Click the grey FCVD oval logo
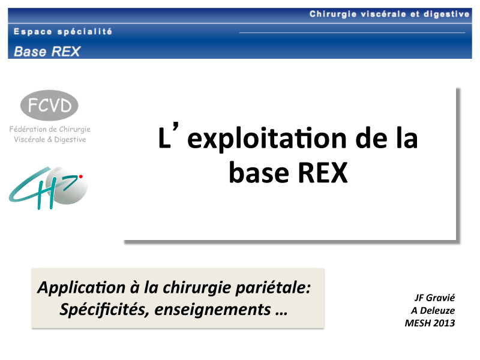click(49, 106)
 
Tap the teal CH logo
click(48, 188)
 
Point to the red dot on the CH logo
click(81, 176)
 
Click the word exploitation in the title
click(267, 139)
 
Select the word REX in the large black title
click(323, 173)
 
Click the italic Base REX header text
click(47, 52)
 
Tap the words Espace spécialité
click(63, 32)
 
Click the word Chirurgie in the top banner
click(333, 14)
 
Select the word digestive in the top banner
click(446, 14)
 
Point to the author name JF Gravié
click(434, 298)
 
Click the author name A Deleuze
click(433, 310)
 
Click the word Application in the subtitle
click(82, 288)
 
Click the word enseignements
click(213, 310)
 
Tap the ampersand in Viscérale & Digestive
click(50, 140)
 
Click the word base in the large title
click(259, 173)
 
